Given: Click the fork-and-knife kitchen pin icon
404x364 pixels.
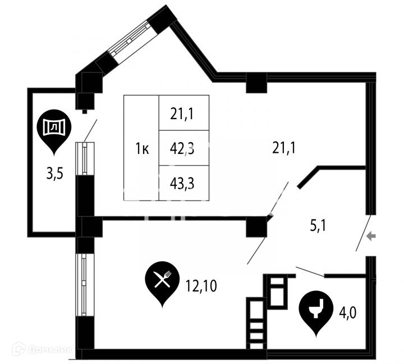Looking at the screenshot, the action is click(x=162, y=281).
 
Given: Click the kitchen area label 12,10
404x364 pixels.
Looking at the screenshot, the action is click(x=201, y=287).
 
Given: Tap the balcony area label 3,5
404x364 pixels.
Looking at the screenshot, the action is click(x=54, y=173).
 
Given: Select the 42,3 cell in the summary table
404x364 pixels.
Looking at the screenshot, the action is click(x=184, y=148).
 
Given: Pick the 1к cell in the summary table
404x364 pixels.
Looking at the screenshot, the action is click(x=142, y=148).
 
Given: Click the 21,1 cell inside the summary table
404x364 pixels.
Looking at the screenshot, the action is click(x=184, y=113).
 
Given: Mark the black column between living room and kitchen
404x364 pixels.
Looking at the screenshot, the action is click(x=258, y=226).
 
